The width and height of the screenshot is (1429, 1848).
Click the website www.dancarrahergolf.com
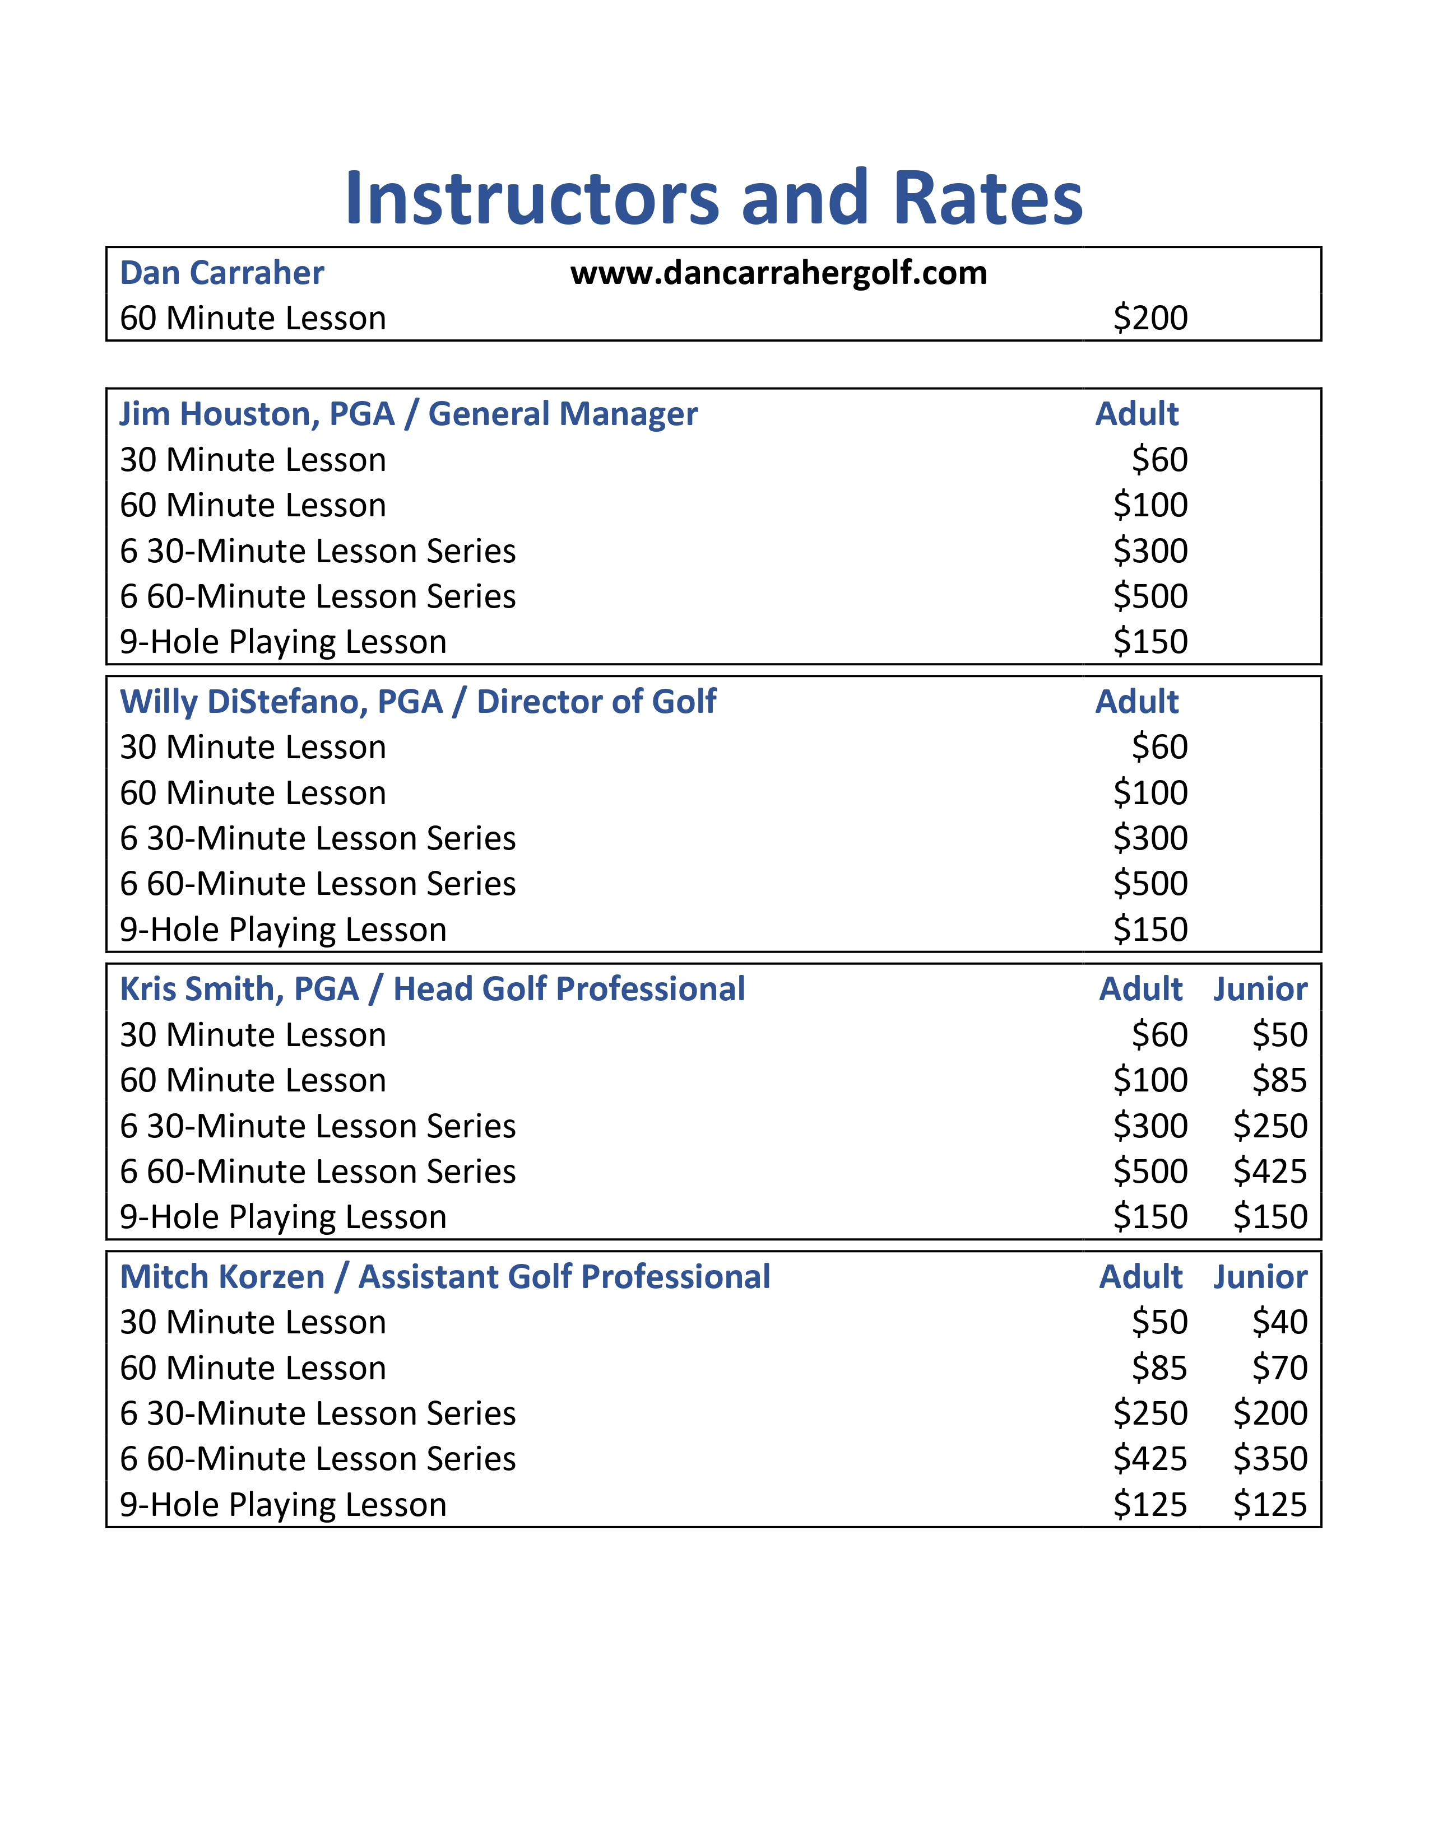778,273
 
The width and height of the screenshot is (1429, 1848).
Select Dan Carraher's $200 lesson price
1149,318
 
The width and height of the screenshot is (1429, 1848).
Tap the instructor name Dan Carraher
222,273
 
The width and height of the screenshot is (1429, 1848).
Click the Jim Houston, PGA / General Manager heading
409,414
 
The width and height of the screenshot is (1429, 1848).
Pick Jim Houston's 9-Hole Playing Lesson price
1149,641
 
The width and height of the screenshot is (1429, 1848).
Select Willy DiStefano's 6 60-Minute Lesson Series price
1149,883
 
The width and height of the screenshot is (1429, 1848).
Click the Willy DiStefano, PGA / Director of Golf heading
418,702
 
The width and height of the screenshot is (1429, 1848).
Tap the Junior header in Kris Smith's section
1260,989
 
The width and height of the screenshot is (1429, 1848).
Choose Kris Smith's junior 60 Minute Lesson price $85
1279,1081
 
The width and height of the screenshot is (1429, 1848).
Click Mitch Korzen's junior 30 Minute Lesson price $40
1279,1322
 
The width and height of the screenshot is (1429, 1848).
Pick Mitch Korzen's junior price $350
1270,1459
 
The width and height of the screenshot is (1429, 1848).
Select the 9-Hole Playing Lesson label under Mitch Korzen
283,1505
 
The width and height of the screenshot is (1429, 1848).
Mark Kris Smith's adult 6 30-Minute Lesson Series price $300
1149,1126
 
